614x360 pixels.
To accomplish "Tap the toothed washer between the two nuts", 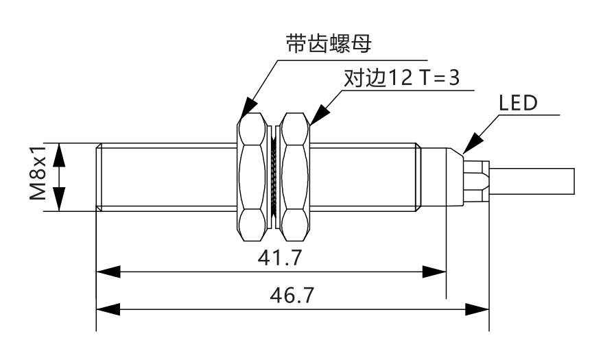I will [273, 177].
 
